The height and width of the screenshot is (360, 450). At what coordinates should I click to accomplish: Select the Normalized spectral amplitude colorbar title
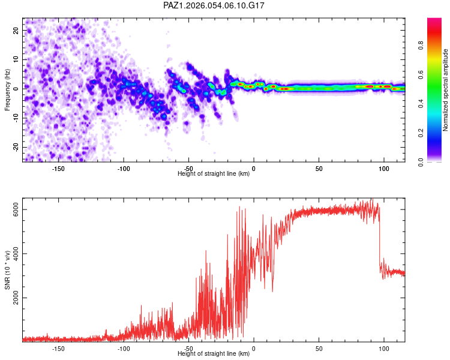coord(446,90)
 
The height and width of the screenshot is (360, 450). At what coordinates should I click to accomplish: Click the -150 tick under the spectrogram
coord(58,169)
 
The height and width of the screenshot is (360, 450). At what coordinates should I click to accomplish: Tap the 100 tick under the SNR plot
coord(383,348)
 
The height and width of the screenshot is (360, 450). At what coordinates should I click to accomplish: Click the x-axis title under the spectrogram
coord(214,174)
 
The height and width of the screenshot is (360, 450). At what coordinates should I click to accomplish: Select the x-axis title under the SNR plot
coord(214,354)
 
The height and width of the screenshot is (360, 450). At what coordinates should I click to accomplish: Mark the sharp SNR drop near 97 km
coord(380,240)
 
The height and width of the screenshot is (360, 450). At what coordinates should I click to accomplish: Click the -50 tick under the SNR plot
coord(188,348)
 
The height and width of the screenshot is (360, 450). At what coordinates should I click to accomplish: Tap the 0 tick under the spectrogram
coord(254,169)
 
